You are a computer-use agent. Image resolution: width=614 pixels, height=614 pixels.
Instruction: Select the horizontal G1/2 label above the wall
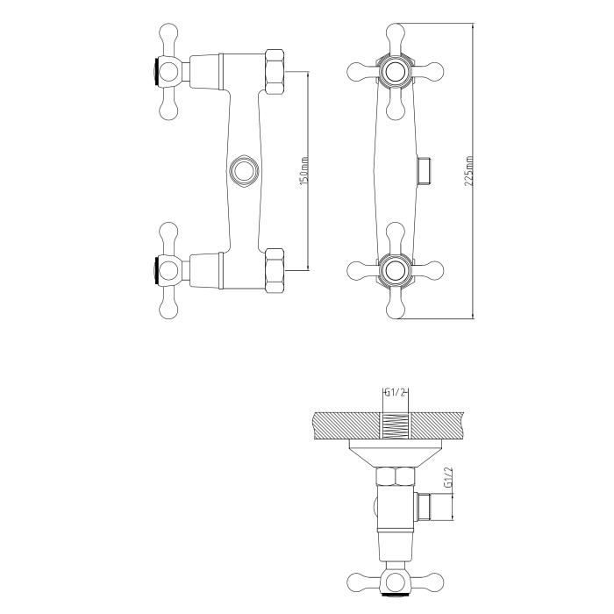396,393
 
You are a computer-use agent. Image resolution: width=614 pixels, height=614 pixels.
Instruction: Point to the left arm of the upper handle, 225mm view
361,70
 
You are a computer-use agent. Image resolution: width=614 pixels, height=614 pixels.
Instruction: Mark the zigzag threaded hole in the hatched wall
396,422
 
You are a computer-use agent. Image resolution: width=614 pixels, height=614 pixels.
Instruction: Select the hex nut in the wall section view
396,479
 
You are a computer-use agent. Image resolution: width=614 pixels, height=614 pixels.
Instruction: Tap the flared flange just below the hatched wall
396,452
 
